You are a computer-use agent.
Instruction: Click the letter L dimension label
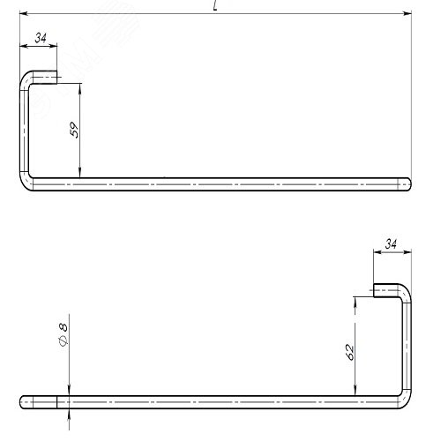215,6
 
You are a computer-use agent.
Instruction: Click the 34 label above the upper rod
41,38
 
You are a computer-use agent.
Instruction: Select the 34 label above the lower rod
391,244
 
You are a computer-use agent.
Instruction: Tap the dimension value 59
74,130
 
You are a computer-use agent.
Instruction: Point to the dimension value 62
349,352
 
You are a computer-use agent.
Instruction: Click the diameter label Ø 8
64,334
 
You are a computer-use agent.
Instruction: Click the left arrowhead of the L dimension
24,13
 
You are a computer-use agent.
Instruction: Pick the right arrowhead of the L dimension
407,13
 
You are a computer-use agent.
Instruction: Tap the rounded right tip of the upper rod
409,184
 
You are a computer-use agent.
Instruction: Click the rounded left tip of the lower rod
22,402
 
